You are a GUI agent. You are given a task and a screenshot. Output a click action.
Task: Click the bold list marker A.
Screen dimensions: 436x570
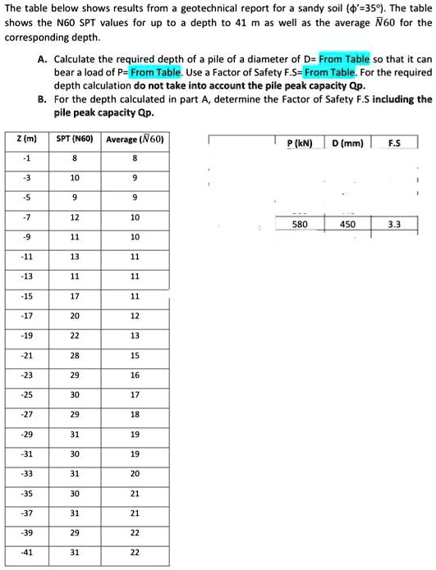point(41,61)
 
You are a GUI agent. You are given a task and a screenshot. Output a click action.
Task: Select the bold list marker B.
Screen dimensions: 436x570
point(41,99)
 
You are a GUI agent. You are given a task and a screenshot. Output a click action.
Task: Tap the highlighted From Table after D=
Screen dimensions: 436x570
point(345,60)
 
